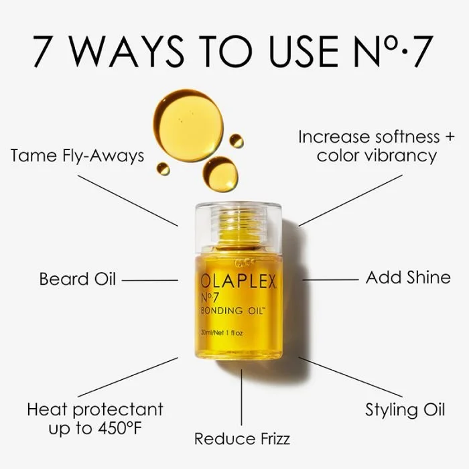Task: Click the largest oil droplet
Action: [x=188, y=125]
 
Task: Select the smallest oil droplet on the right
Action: [x=237, y=141]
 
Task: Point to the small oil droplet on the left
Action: [x=163, y=169]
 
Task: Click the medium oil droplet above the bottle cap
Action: [x=220, y=174]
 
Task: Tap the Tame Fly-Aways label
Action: [x=77, y=156]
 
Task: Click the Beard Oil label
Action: [x=78, y=279]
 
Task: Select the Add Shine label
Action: [x=408, y=277]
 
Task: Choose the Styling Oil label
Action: [x=405, y=409]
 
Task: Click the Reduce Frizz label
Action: [x=242, y=439]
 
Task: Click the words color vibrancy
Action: [x=377, y=156]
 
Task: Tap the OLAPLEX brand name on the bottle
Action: [x=238, y=283]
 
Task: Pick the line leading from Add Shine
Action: [x=330, y=279]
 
